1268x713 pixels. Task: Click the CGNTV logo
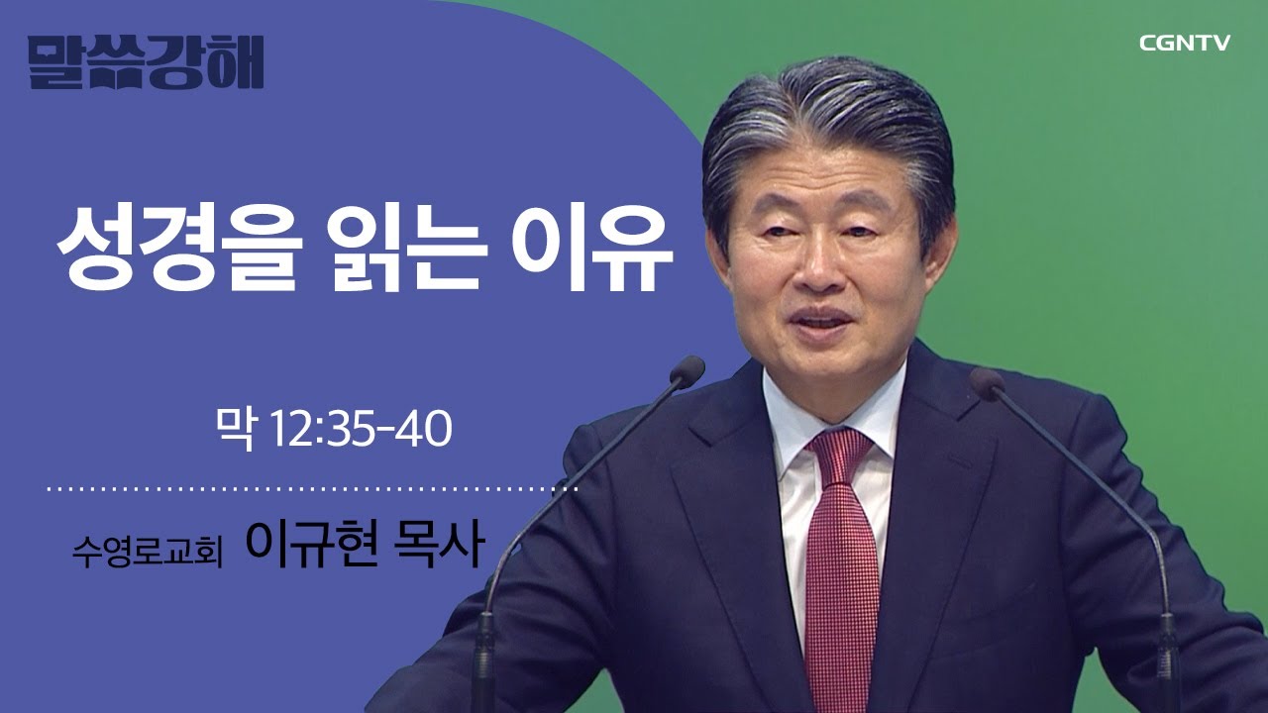pyautogui.click(x=1184, y=43)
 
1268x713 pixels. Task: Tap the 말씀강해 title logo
pyautogui.click(x=146, y=62)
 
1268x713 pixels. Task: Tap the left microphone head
pyautogui.click(x=686, y=371)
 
